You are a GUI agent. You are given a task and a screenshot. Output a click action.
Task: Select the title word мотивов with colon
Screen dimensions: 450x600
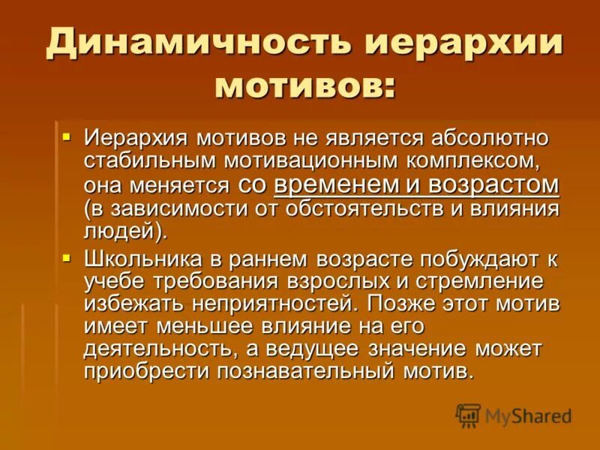pos(304,85)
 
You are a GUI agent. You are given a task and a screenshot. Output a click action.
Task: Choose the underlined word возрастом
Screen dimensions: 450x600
pos(493,184)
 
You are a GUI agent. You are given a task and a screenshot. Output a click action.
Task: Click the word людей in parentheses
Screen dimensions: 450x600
pos(121,230)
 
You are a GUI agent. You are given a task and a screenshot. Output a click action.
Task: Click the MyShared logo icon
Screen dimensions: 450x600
pos(469,415)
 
